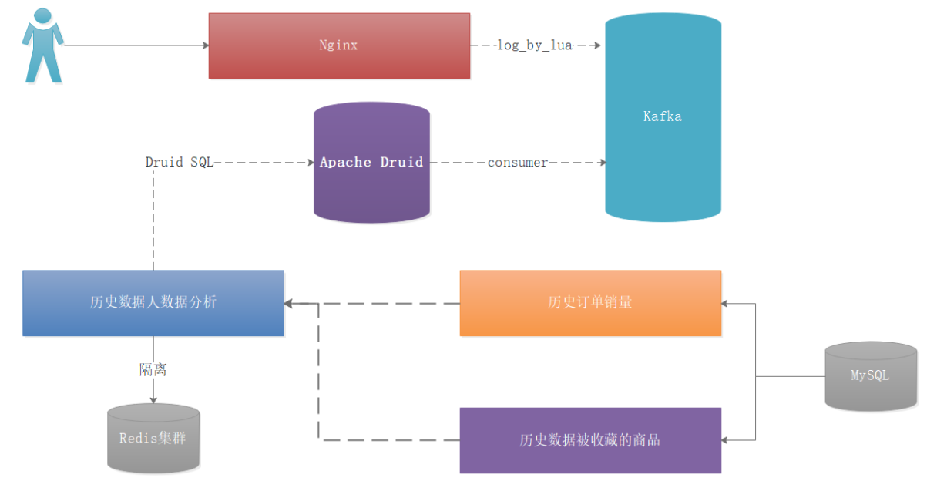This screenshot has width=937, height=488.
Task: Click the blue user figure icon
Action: click(42, 45)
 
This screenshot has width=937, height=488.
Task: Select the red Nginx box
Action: click(339, 45)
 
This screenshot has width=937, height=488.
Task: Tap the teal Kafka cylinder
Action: click(663, 117)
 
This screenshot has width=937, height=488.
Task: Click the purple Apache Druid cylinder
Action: click(371, 163)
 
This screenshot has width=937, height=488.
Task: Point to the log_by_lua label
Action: click(534, 45)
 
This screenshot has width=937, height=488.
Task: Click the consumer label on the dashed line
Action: click(518, 163)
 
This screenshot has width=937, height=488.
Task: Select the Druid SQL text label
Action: click(179, 162)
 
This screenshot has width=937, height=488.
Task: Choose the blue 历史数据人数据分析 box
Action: click(153, 303)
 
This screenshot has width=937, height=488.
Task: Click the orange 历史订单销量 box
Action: click(590, 303)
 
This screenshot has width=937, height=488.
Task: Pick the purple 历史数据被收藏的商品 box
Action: click(590, 440)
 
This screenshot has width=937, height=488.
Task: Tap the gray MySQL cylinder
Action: click(871, 376)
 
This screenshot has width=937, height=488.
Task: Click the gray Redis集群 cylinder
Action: click(153, 438)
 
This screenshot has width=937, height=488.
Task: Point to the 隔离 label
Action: click(153, 369)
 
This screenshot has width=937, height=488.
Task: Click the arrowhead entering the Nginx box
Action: click(206, 45)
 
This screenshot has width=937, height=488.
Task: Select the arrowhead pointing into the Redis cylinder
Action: click(153, 400)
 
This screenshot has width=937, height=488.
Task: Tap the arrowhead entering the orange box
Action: click(724, 304)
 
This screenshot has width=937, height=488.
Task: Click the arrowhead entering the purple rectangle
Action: click(724, 440)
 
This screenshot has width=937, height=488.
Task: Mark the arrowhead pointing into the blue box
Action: click(289, 304)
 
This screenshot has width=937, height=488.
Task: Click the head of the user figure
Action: click(42, 15)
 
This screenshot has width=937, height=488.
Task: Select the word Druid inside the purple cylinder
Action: click(401, 162)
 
